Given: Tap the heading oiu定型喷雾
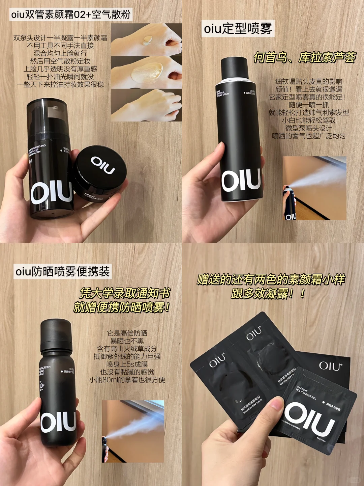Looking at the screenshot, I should (x=238, y=29).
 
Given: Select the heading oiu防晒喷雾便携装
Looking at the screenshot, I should (x=63, y=271).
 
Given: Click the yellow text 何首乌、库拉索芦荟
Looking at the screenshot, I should (x=305, y=57).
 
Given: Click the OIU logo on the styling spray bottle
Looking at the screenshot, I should (x=241, y=180).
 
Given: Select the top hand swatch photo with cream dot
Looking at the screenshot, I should (x=146, y=39).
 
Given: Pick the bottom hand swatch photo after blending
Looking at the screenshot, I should (x=146, y=105).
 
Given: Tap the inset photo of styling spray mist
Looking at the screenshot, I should (x=314, y=188).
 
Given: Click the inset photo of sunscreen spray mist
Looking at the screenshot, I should (x=133, y=431).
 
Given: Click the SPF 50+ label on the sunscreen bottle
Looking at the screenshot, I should (x=42, y=385).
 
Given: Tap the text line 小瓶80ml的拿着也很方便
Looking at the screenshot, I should (x=127, y=380).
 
